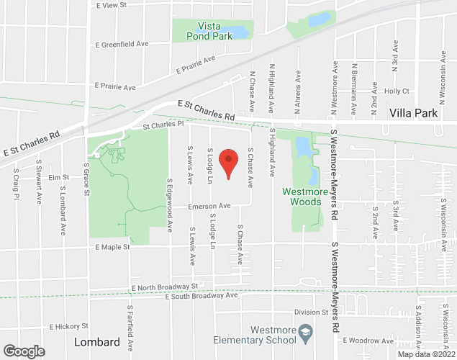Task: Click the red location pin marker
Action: coord(228,163)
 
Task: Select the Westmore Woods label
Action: coord(305,197)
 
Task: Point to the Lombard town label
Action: coord(97,342)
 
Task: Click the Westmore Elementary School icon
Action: coord(305,331)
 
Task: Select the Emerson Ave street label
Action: coord(209,206)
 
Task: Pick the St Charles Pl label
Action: coord(163,125)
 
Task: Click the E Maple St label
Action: coord(112,247)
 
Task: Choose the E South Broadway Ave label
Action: coord(201,296)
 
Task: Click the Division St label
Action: coord(311,312)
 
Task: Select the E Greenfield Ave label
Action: coord(122,44)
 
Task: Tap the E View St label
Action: coord(111,5)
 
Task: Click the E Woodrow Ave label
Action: coord(368,341)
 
